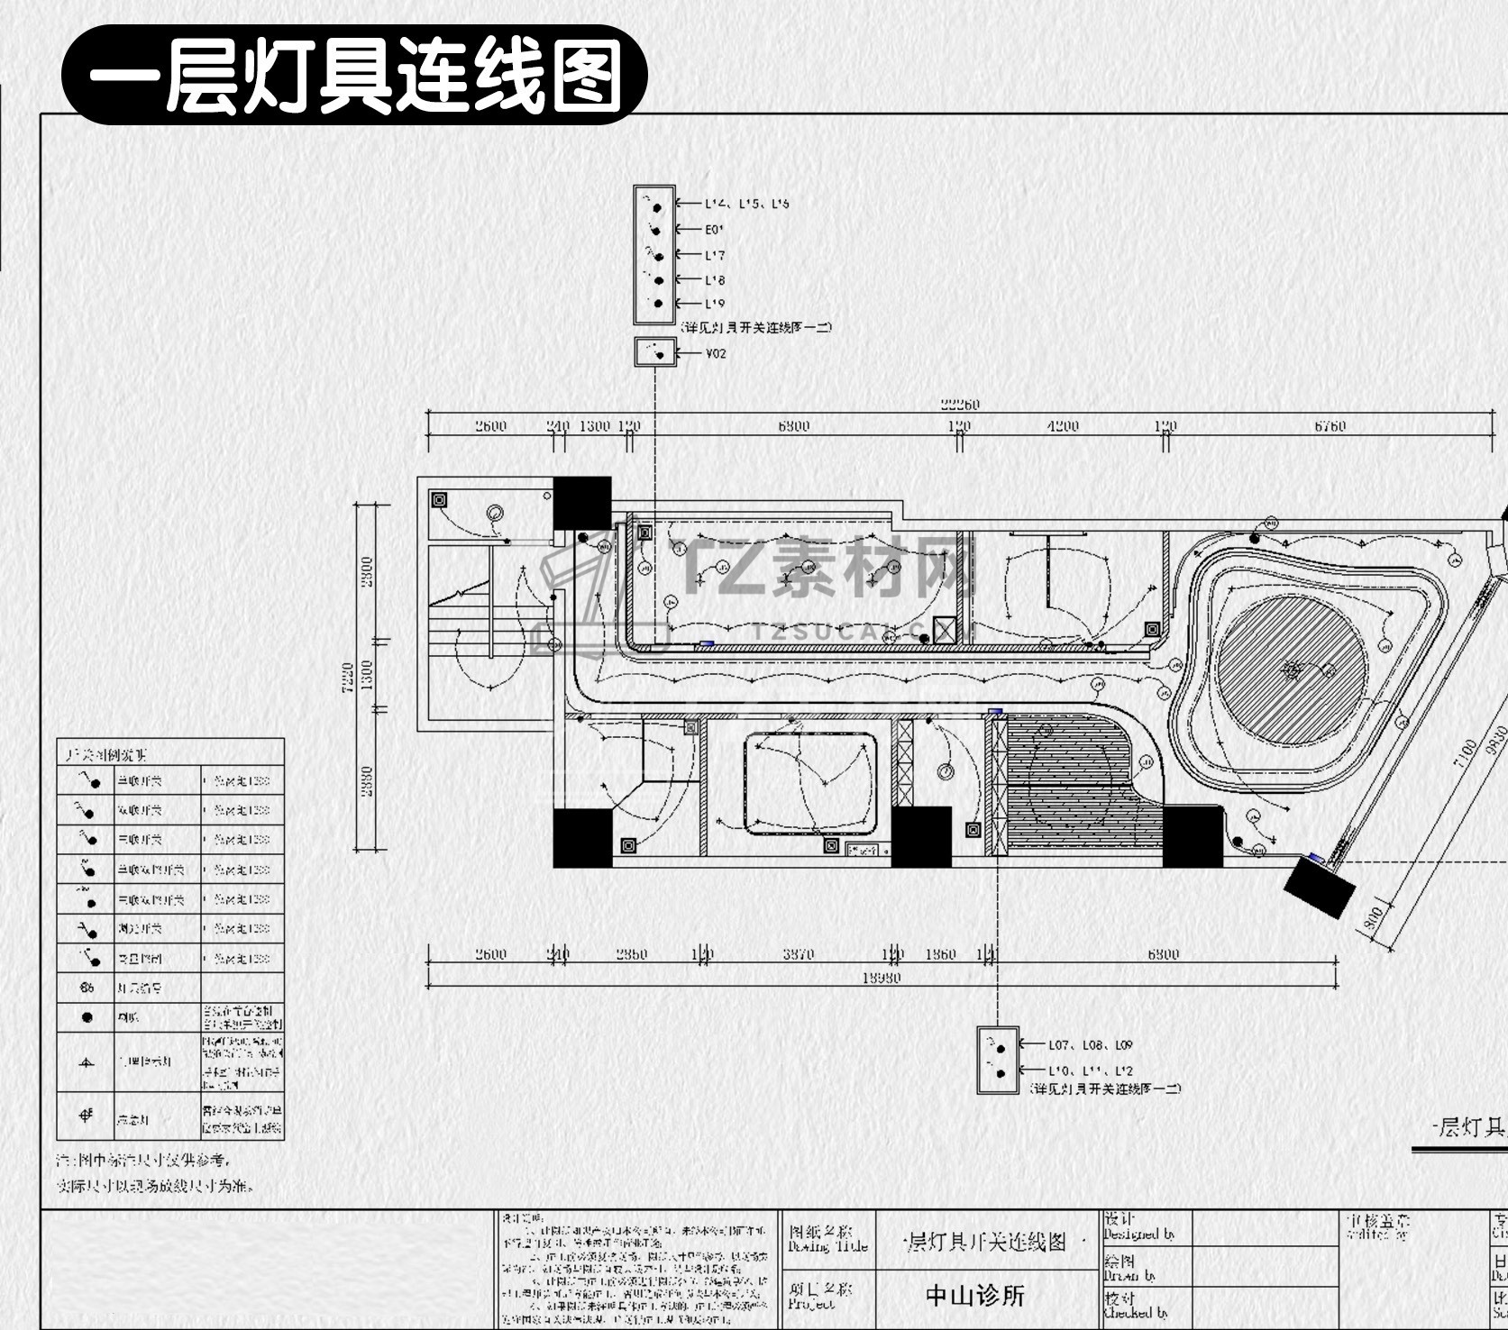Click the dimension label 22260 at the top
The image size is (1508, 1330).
pyautogui.click(x=959, y=405)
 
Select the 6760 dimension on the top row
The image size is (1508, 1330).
pyautogui.click(x=1330, y=427)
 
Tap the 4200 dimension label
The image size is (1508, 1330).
pyautogui.click(x=1063, y=427)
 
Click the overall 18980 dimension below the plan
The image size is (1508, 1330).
pyautogui.click(x=881, y=978)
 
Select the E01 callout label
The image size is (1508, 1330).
pyautogui.click(x=714, y=230)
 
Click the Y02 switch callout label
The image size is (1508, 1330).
pyautogui.click(x=716, y=353)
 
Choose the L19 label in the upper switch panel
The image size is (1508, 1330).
pyautogui.click(x=715, y=304)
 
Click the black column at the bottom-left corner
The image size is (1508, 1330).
pyautogui.click(x=582, y=838)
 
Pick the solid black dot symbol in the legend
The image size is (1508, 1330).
pyautogui.click(x=87, y=1017)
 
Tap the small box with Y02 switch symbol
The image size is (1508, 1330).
pyautogui.click(x=655, y=352)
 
